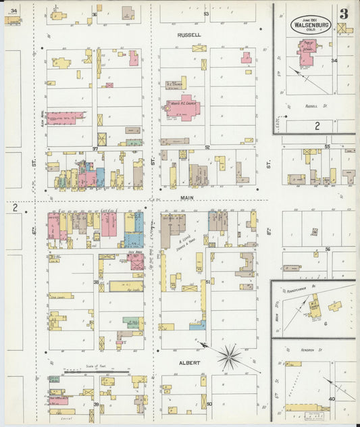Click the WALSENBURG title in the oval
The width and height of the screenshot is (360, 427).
coord(311,25)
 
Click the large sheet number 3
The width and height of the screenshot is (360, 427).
coord(344,14)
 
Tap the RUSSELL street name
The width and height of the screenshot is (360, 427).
coord(189,34)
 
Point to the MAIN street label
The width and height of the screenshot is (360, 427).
coord(188,198)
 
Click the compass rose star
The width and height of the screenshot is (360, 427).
coord(230,355)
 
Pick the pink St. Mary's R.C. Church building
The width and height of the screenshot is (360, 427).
coord(183,107)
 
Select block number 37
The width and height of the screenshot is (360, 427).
coord(96,148)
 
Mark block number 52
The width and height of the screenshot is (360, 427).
coord(208,147)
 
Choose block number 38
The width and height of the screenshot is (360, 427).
coord(96,282)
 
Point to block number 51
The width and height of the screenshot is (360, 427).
coord(208,281)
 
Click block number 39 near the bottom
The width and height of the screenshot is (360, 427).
coord(96,404)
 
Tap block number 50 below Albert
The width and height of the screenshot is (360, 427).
coord(209,404)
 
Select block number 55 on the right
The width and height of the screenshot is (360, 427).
coord(327,146)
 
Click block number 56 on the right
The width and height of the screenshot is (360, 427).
coord(327,249)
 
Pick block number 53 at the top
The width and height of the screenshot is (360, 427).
coord(206,14)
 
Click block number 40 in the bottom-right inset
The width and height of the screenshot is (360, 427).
coord(332,398)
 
